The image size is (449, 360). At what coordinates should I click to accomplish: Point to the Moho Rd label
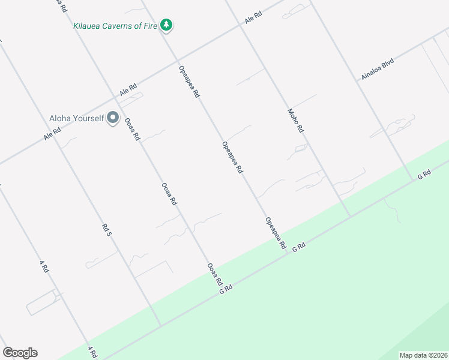[296, 121]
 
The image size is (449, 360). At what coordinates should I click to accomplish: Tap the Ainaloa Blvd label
[377, 69]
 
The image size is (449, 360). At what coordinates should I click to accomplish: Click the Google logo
[20, 353]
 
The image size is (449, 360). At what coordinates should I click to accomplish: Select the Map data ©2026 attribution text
[423, 355]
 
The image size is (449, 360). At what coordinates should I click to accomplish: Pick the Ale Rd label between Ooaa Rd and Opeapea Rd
[128, 90]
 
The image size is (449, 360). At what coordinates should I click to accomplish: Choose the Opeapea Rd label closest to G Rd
[275, 233]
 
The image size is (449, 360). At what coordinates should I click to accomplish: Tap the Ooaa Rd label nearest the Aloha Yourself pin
[132, 129]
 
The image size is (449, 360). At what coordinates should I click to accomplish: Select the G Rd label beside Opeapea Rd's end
[299, 247]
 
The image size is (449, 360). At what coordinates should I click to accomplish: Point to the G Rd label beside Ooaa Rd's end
[226, 289]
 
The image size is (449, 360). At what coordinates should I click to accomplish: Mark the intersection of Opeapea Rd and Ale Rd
[177, 61]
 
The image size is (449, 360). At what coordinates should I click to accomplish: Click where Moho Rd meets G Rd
[350, 216]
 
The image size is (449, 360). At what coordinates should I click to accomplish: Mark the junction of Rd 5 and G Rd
[160, 326]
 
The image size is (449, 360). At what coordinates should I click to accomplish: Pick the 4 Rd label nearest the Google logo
[92, 352]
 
